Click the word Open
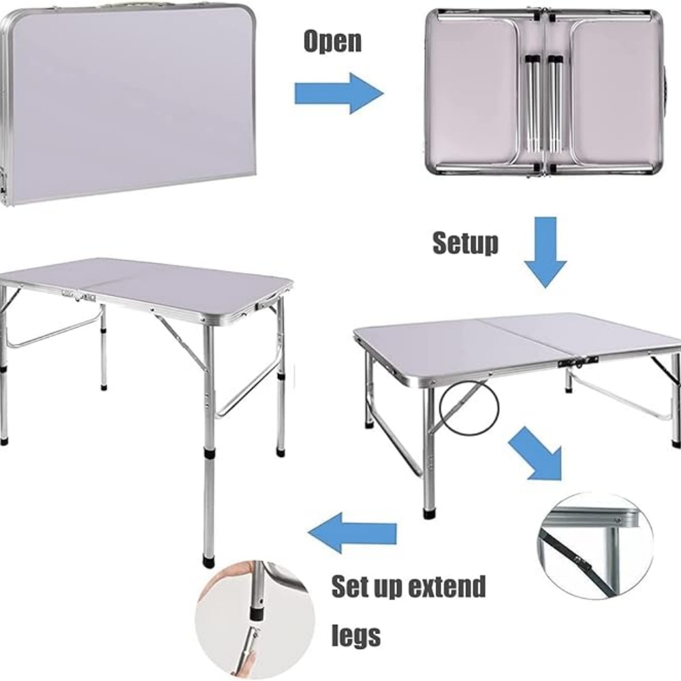pyautogui.click(x=332, y=42)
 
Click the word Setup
pyautogui.click(x=465, y=243)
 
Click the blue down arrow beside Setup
pyautogui.click(x=545, y=251)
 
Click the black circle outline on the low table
pyautogui.click(x=469, y=409)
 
